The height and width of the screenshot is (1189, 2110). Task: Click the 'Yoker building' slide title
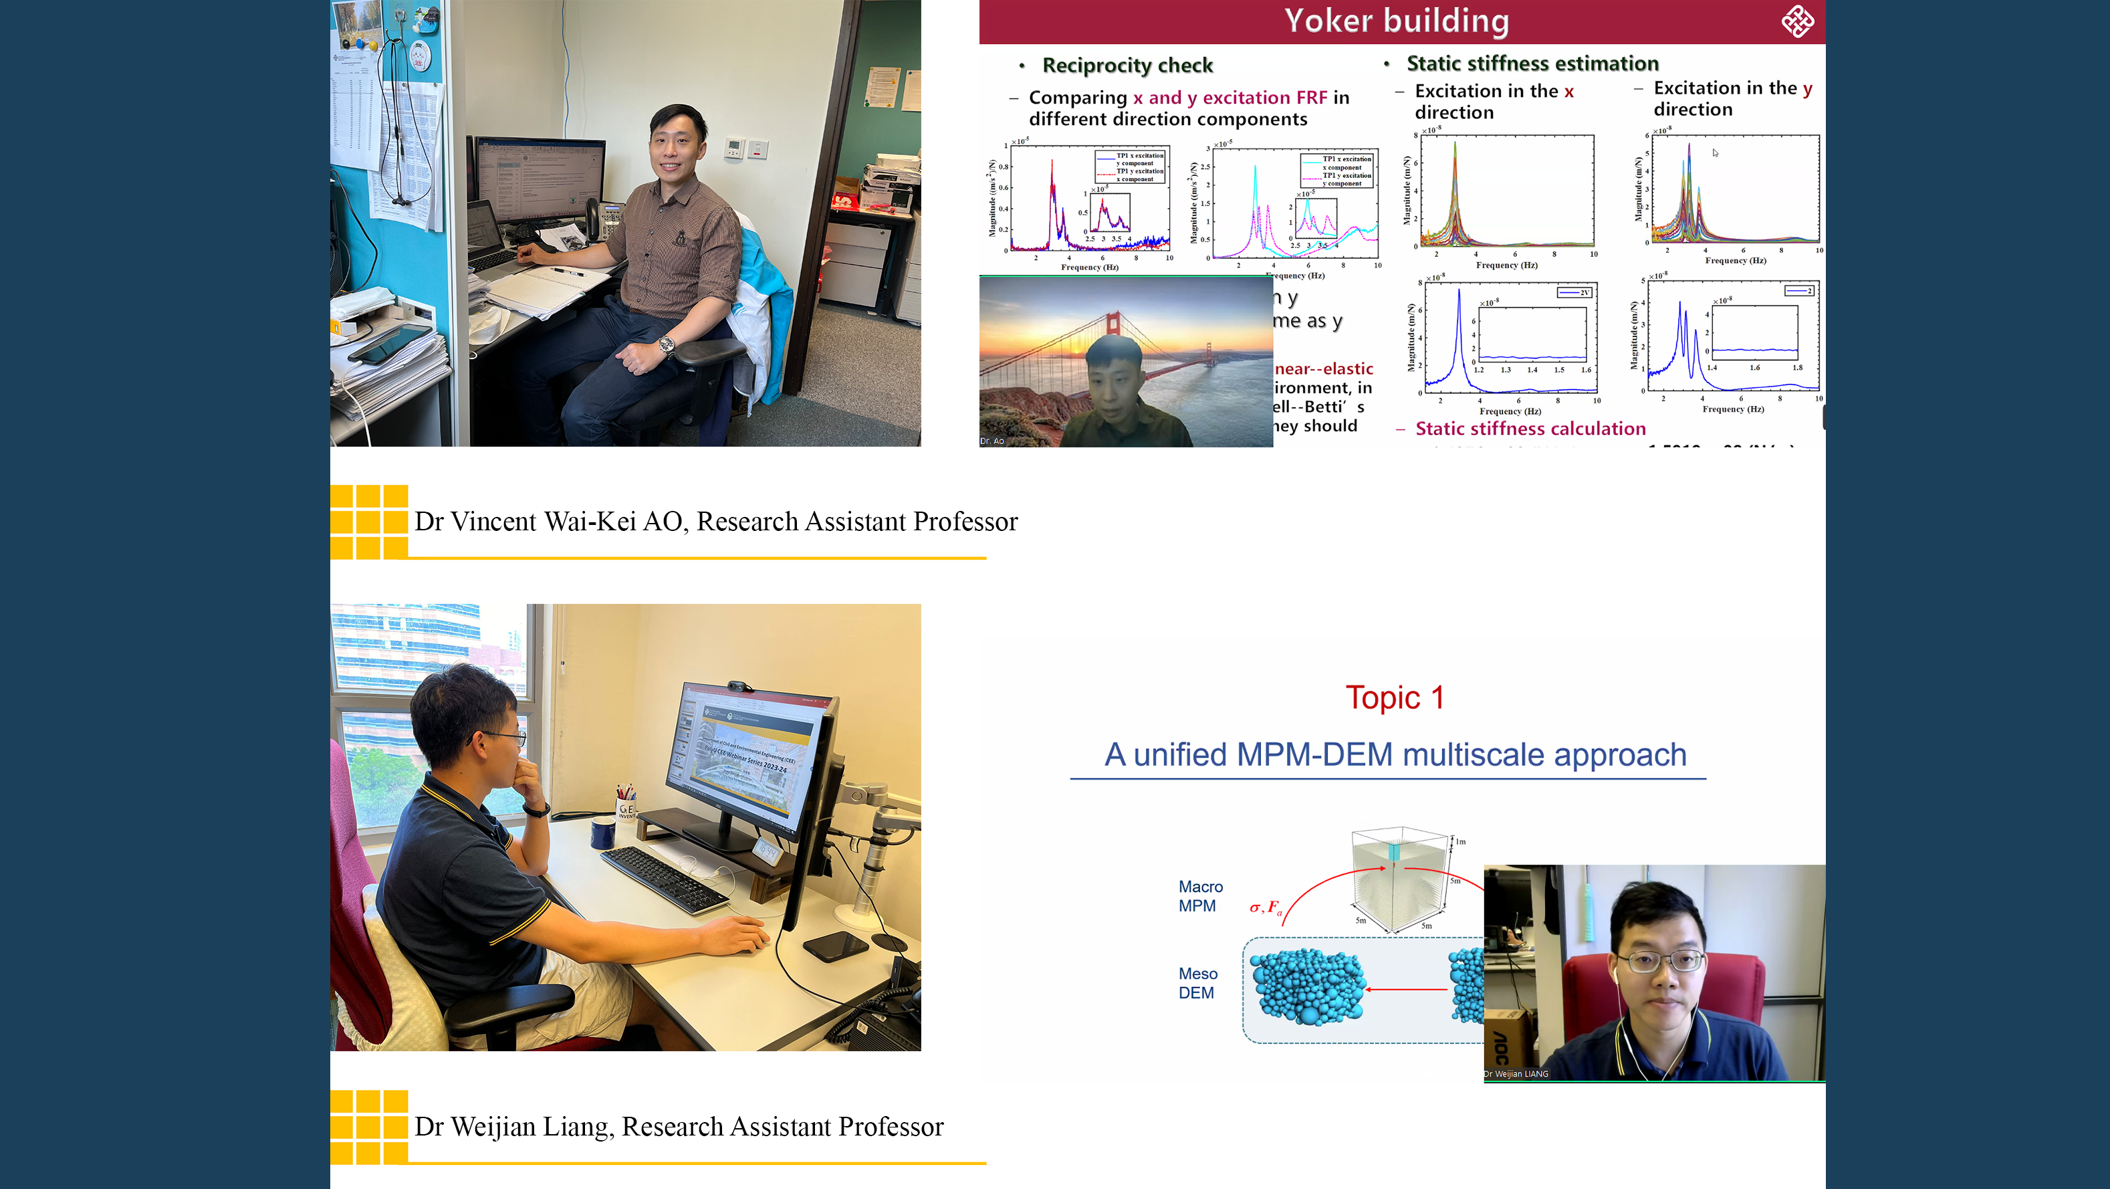(1396, 21)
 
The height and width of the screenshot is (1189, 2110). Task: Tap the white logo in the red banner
(1797, 21)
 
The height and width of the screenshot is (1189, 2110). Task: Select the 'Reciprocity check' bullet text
(1127, 65)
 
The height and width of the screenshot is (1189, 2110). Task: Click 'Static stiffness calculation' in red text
(1530, 429)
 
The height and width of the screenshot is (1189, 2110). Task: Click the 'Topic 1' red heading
(1394, 697)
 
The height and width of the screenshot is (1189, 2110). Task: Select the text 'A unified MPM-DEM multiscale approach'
(1395, 754)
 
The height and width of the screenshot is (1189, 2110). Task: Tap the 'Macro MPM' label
(1200, 895)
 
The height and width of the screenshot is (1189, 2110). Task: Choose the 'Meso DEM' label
(1197, 982)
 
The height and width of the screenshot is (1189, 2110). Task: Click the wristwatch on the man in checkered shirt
(666, 346)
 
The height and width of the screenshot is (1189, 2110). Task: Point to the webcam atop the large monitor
(739, 687)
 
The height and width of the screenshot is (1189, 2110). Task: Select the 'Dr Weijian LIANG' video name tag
(1516, 1073)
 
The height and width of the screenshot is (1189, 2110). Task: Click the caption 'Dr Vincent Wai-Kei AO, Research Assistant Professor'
(715, 521)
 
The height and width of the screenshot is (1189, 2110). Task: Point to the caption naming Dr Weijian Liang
(678, 1127)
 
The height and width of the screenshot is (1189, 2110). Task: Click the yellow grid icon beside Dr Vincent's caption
(368, 521)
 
